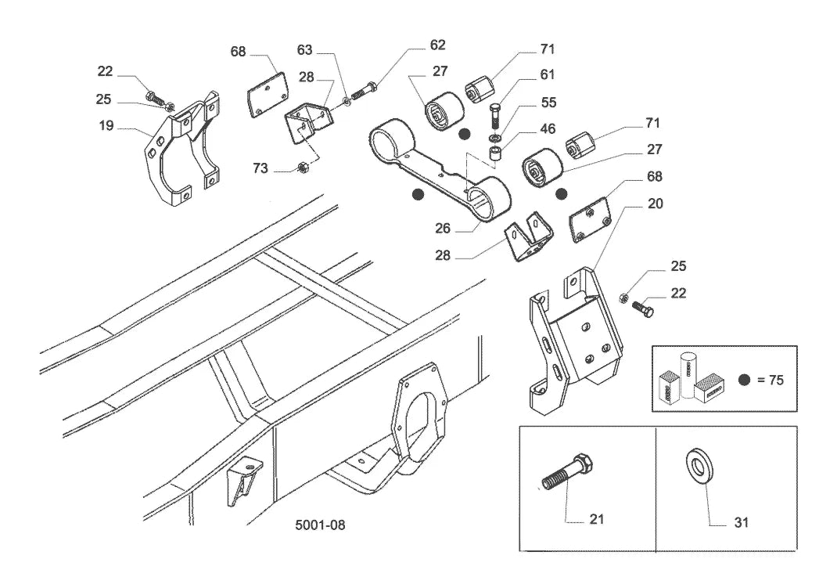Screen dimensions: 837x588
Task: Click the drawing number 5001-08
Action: pyautogui.click(x=320, y=525)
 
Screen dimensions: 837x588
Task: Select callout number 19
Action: pyautogui.click(x=106, y=125)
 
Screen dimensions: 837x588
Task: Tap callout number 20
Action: pyautogui.click(x=655, y=204)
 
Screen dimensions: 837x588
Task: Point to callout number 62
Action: pyautogui.click(x=437, y=45)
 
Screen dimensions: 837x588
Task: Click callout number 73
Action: pyautogui.click(x=260, y=168)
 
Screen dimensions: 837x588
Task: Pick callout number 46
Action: pyautogui.click(x=548, y=128)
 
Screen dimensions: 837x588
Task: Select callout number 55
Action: pyautogui.click(x=548, y=102)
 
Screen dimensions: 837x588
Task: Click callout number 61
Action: pyautogui.click(x=547, y=74)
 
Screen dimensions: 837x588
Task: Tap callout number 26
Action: pyautogui.click(x=443, y=228)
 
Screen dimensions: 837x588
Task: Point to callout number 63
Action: pyautogui.click(x=304, y=49)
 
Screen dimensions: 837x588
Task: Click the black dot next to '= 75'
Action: pyautogui.click(x=745, y=381)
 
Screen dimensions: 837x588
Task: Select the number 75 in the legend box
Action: pyautogui.click(x=776, y=381)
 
